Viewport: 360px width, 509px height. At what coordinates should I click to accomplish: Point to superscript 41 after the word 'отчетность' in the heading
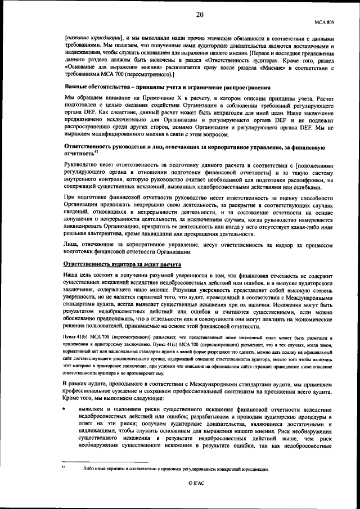point(97,151)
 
